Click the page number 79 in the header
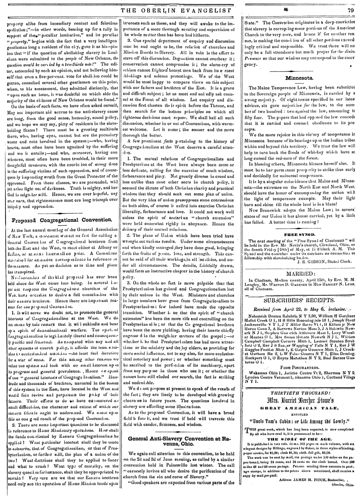[x=351, y=6]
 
